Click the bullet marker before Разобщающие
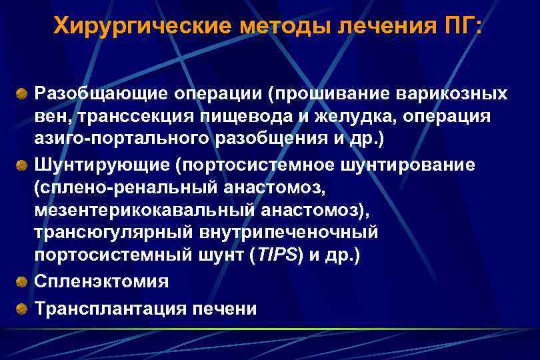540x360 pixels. [22, 91]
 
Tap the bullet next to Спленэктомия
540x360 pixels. [22, 282]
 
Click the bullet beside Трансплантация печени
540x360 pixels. [22, 309]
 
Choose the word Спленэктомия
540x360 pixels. [102, 282]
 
